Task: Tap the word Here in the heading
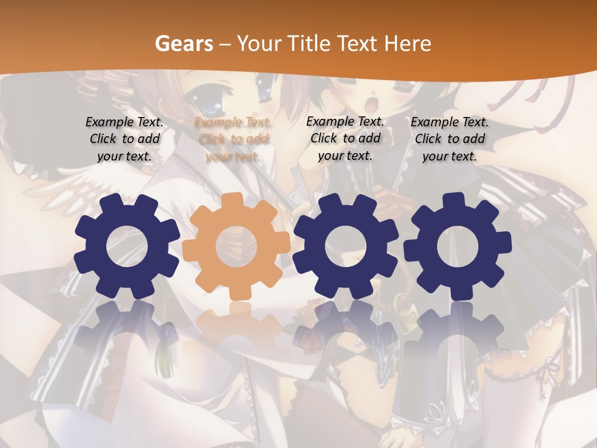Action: point(407,44)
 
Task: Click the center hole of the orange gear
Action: point(236,246)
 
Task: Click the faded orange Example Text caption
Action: point(233,139)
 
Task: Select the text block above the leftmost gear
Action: point(124,139)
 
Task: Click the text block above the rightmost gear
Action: point(450,139)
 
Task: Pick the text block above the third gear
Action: point(345,138)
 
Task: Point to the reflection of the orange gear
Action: point(236,324)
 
